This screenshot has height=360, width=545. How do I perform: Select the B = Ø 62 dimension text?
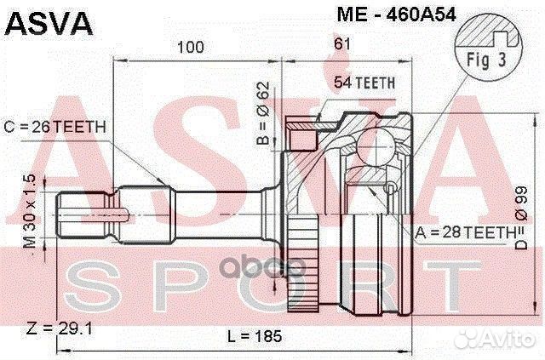click(x=262, y=111)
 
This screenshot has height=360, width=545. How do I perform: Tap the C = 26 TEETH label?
click(x=61, y=127)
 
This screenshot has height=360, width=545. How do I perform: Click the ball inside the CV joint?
click(x=372, y=145)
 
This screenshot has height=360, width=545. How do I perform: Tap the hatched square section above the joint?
click(x=298, y=134)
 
